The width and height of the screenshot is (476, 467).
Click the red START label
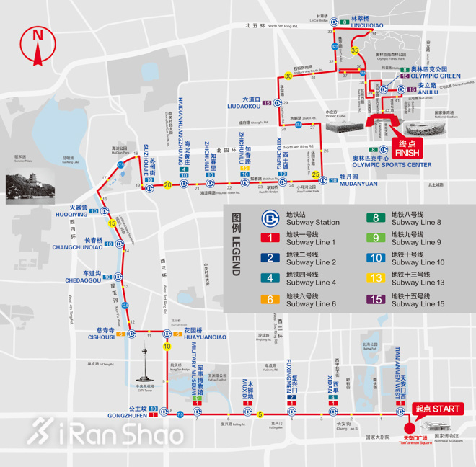437,409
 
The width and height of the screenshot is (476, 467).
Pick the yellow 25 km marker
315,174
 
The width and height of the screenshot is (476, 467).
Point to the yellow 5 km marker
260,414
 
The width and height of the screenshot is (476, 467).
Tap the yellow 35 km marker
355,50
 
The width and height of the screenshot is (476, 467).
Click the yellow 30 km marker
288,76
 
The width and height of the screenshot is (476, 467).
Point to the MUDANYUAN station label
358,184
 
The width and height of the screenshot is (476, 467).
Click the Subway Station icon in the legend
270,218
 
